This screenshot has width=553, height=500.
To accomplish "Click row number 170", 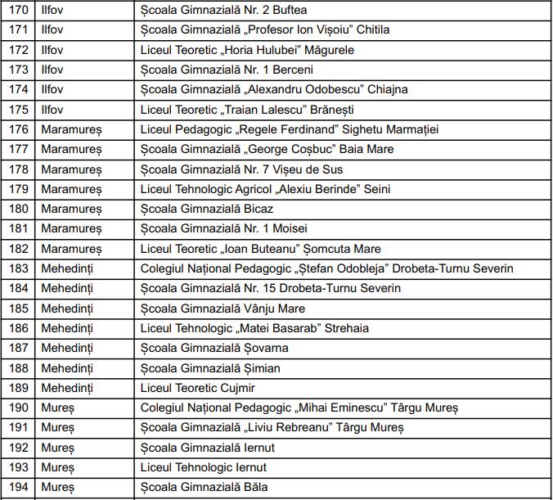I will coord(18,10).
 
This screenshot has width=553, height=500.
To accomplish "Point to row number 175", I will coord(18,110).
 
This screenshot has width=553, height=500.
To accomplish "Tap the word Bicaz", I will coord(257,209).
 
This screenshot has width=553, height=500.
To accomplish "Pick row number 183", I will coord(18,268).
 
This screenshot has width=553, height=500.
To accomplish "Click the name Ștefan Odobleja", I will coord(339,268).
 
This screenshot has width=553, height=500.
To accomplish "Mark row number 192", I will coord(18,448).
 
